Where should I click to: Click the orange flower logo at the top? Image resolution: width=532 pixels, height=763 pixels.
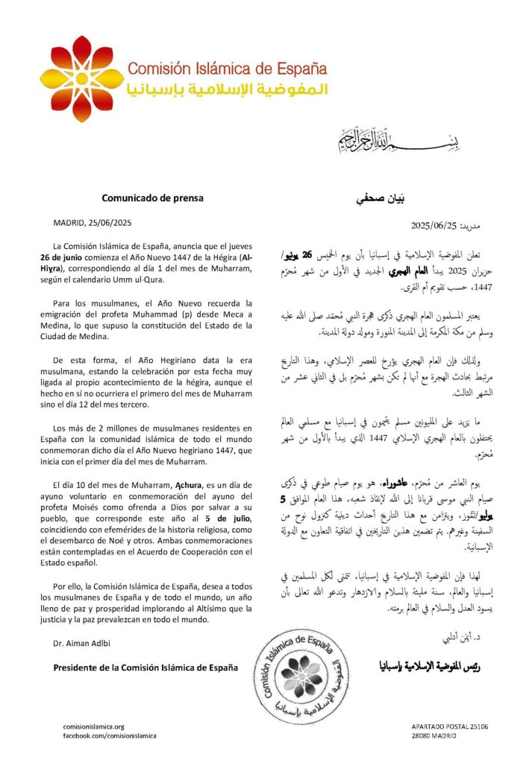coord(82,68)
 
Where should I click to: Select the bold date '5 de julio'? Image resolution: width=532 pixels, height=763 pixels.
coord(218,496)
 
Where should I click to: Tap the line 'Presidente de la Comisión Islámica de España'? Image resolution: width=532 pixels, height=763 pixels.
coord(146,668)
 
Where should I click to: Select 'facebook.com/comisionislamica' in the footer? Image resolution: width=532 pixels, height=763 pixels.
coord(109,735)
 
